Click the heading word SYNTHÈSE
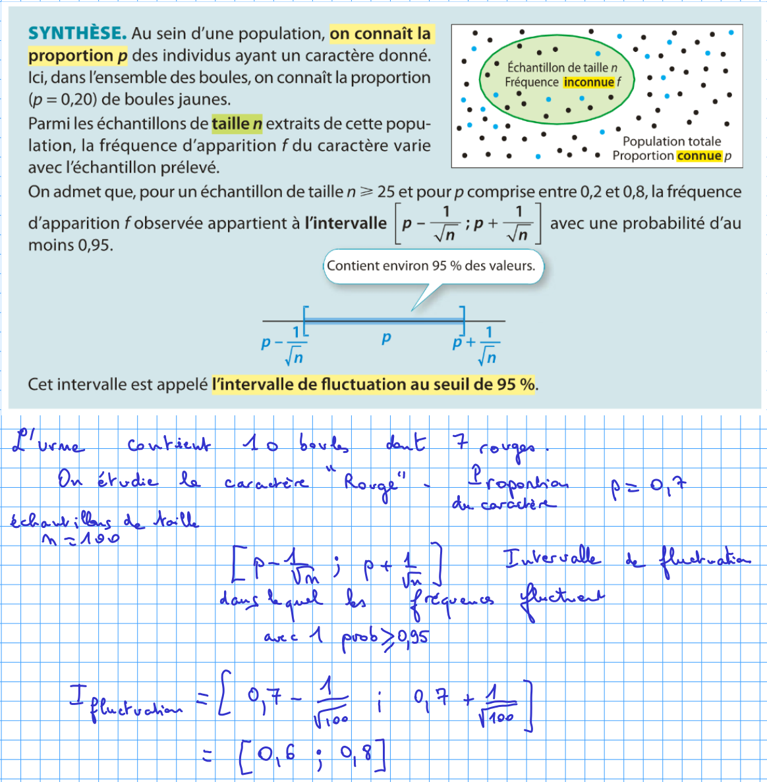tap(77, 34)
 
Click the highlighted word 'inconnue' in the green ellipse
tap(589, 82)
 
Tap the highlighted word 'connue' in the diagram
tap(699, 156)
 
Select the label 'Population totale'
tap(671, 142)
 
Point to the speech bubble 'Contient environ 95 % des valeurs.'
tap(431, 266)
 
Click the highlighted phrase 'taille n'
tap(237, 123)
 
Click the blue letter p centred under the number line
tap(386, 338)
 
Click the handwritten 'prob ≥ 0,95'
tap(385, 638)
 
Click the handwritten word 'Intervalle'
tap(552, 559)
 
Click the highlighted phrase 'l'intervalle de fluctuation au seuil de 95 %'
tap(374, 384)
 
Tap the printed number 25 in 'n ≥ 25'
tap(386, 192)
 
